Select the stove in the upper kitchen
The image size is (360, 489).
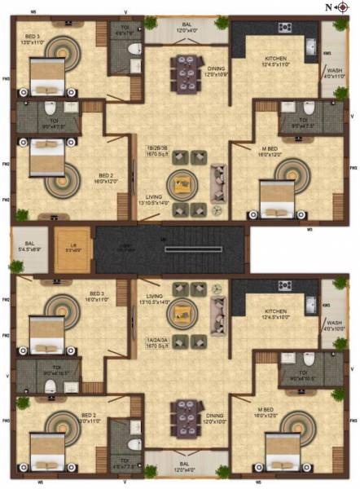coord(284,28)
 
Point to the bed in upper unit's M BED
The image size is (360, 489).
coord(274,196)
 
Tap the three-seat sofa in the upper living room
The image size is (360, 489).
coord(219,180)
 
